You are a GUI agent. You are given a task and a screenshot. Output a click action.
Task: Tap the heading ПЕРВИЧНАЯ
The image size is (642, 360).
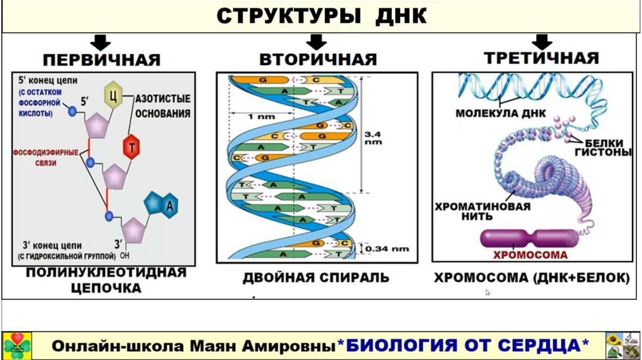click(102, 60)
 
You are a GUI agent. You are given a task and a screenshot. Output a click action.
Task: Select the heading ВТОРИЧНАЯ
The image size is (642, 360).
click(318, 60)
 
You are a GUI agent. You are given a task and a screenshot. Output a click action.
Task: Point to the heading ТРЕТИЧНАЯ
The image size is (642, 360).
click(541, 59)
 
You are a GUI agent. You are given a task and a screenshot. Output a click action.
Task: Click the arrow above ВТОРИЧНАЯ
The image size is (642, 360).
click(317, 41)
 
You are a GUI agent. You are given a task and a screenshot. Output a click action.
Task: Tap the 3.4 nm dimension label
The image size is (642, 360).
click(374, 137)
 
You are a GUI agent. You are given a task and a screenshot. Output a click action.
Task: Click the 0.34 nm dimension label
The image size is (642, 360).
click(387, 249)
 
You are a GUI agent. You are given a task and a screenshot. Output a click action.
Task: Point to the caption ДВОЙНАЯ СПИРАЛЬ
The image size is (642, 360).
click(316, 277)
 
